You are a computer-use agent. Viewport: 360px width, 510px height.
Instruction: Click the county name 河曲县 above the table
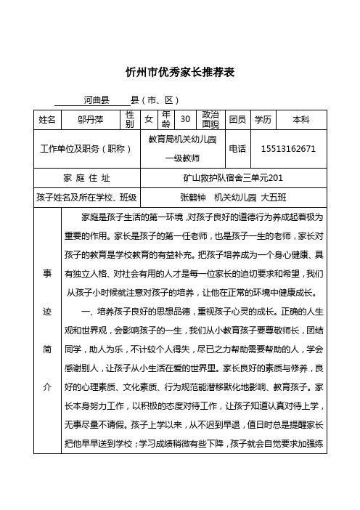tap(96, 99)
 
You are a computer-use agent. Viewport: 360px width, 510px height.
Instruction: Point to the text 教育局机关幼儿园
tap(182, 139)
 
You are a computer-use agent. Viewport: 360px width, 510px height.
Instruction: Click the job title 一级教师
tap(182, 158)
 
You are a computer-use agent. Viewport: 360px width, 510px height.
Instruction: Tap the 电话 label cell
tap(237, 148)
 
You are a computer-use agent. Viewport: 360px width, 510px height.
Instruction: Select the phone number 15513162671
tap(288, 148)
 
